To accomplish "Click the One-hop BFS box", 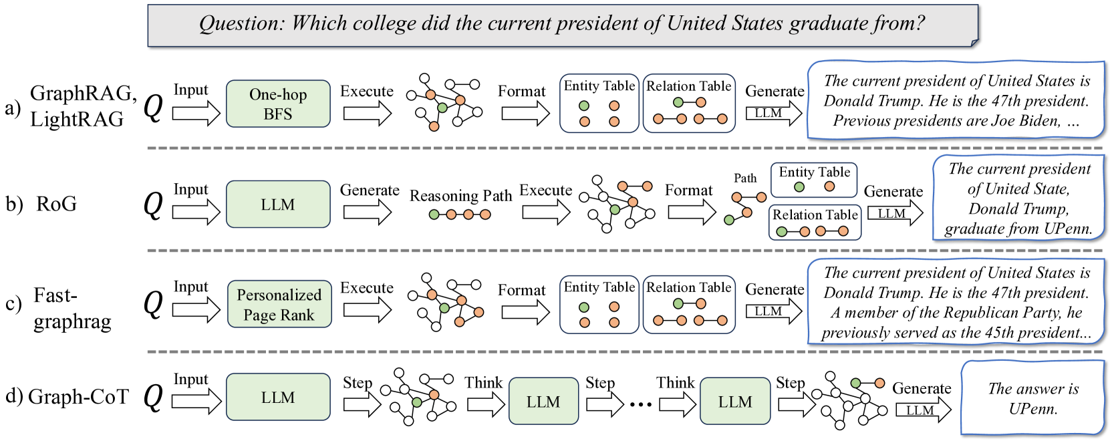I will pos(278,104).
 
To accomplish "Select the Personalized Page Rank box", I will pos(279,304).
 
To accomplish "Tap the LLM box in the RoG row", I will pos(278,204).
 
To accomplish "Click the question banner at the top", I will pos(562,25).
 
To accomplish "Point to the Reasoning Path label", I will pos(460,196).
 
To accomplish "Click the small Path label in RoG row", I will pos(745,178).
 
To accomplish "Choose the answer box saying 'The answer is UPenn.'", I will pos(1032,398).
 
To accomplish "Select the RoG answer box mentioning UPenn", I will pos(1018,198).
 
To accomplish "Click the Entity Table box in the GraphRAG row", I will pos(599,104).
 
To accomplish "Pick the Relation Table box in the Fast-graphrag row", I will pos(689,304).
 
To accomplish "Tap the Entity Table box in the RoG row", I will pos(814,180).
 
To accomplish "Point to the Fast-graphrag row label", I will pos(72,308).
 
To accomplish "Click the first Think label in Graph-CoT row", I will pos(483,383).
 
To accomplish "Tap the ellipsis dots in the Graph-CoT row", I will pos(640,404).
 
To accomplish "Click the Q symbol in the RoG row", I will pos(153,204).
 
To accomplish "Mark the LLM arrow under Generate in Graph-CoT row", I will pos(923,410).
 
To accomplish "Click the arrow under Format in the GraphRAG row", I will pos(525,114).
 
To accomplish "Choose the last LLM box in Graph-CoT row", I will pos(735,402).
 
